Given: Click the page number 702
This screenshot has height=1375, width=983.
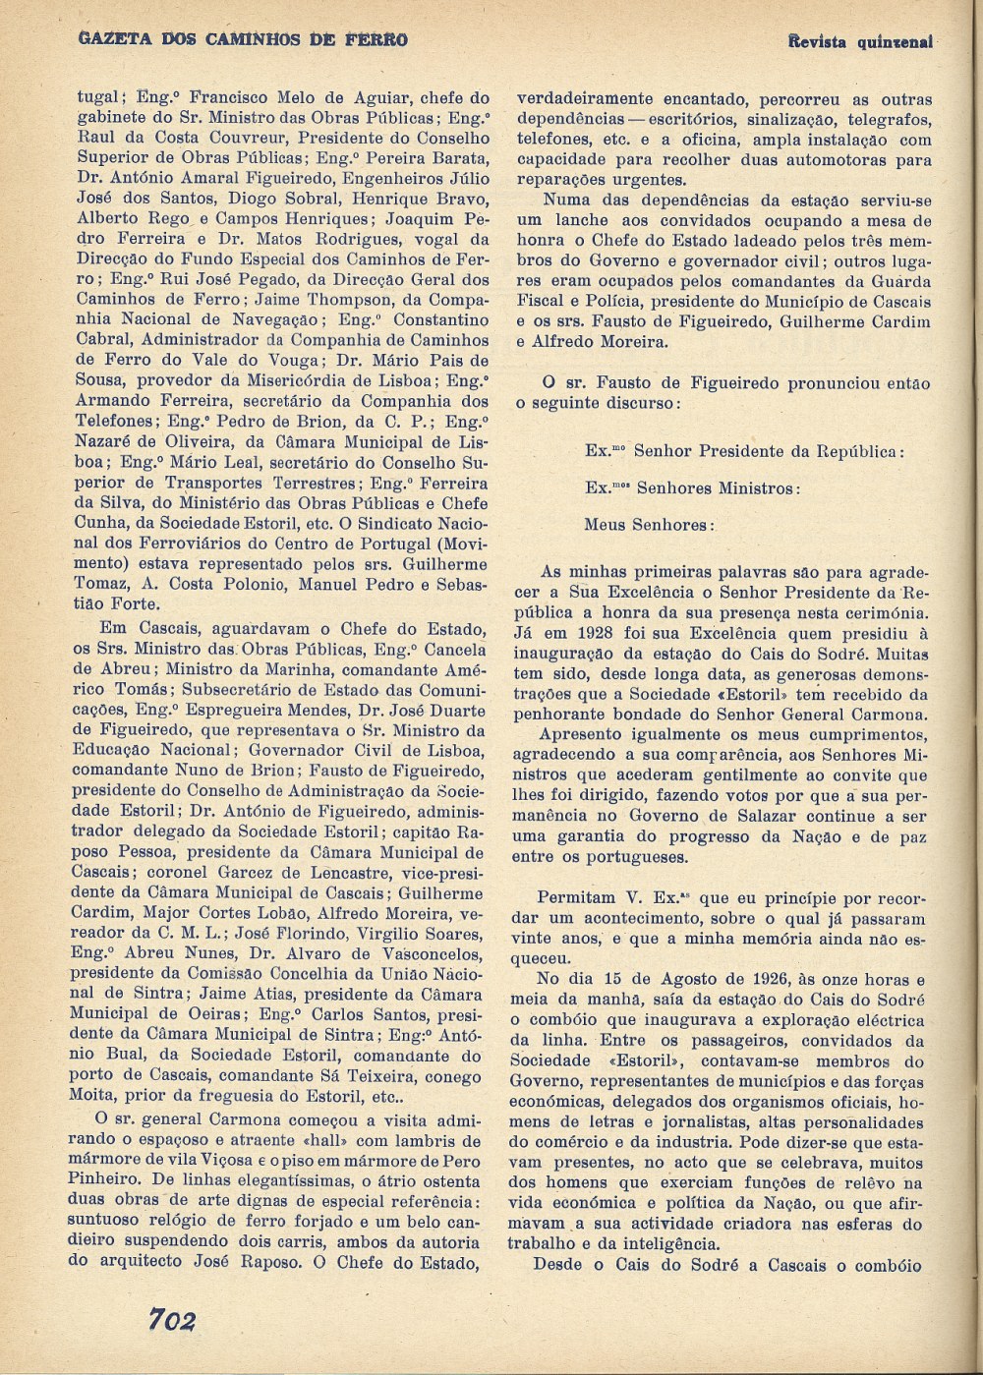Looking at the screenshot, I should click(173, 1320).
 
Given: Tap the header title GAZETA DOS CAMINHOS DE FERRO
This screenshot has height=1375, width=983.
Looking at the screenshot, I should click(242, 39).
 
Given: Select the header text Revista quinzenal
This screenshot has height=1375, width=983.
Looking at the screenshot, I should click(860, 42).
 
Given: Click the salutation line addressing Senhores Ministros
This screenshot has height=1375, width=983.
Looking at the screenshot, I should click(692, 488).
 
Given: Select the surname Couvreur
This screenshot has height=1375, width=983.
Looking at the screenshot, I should click(251, 139).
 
